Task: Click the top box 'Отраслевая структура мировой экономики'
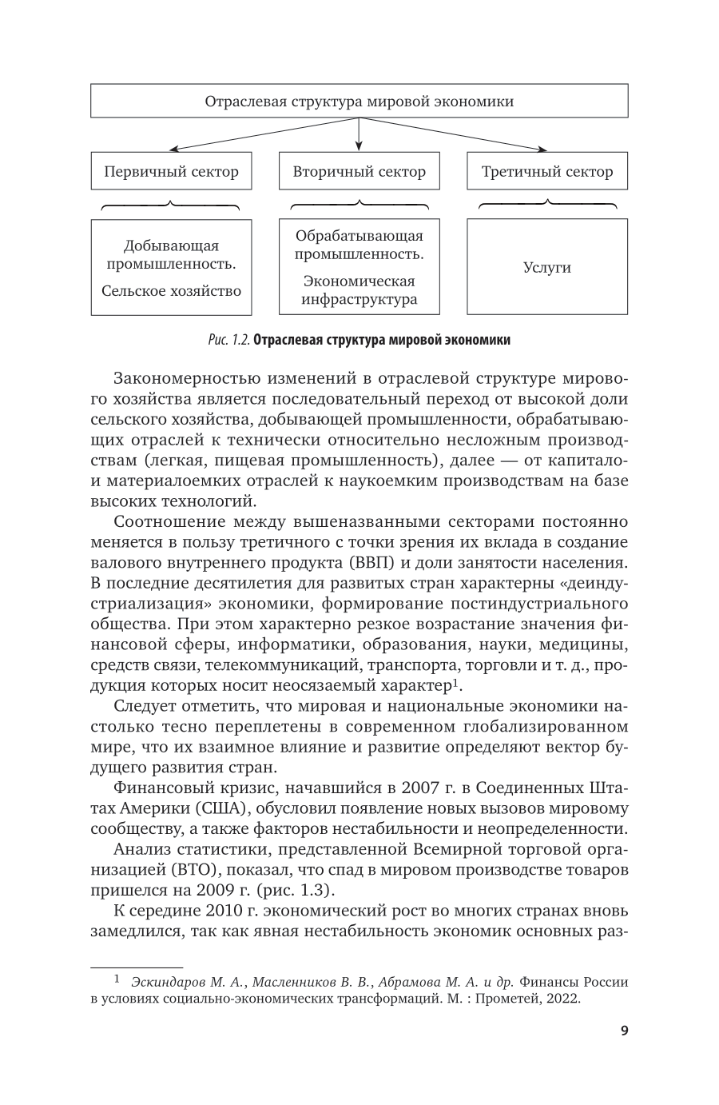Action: (x=359, y=102)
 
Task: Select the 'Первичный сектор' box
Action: (x=171, y=172)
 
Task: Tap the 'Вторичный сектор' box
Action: (x=359, y=172)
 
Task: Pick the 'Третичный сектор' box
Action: (x=547, y=172)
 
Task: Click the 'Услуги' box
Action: (x=547, y=268)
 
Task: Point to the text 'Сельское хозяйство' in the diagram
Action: (x=171, y=291)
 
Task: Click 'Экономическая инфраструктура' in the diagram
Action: (x=359, y=290)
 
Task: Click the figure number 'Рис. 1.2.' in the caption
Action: (x=228, y=340)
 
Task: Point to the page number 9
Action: (x=624, y=1031)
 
